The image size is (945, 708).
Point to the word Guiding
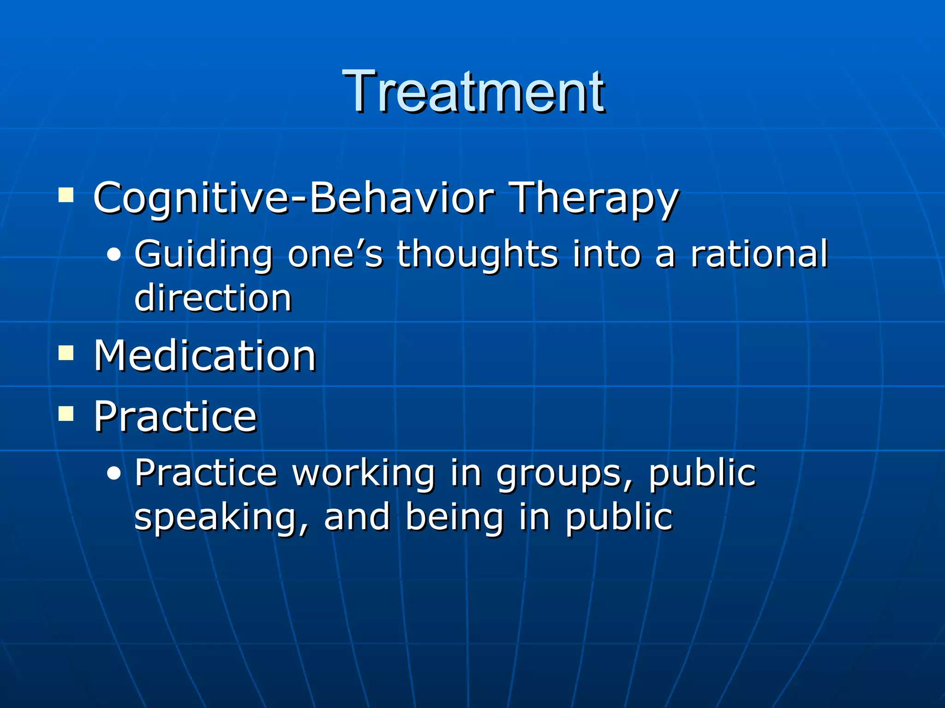[203, 254]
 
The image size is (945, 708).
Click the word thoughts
[477, 254]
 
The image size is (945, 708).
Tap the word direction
[213, 297]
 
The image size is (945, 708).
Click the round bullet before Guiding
[114, 255]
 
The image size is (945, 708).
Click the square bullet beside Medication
[66, 353]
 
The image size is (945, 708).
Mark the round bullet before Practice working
[114, 473]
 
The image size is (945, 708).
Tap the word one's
[335, 254]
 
